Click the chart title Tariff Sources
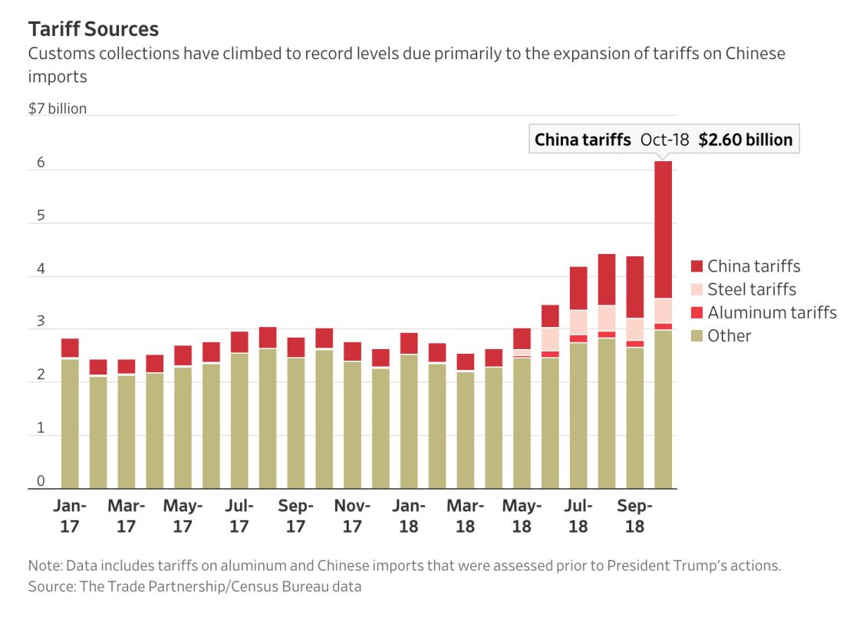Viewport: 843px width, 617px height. [94, 29]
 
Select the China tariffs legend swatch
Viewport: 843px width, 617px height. [696, 266]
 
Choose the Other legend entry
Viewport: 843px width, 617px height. [729, 335]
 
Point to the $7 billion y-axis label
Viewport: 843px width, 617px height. [58, 109]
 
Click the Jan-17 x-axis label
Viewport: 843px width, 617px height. [70, 516]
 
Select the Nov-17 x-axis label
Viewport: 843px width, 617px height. [352, 516]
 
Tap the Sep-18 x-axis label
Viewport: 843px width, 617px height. [634, 516]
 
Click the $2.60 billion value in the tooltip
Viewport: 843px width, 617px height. [745, 140]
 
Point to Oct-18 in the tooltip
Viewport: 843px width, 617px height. [664, 140]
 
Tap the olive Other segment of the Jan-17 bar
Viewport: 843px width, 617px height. [70, 422]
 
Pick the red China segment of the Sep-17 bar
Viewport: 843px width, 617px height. [296, 347]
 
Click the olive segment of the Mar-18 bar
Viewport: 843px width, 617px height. [466, 430]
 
